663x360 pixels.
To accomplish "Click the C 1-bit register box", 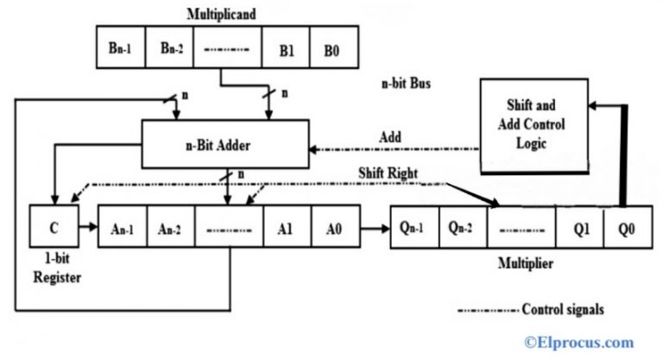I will pos(54,229).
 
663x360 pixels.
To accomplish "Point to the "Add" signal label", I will pos(389,137).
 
